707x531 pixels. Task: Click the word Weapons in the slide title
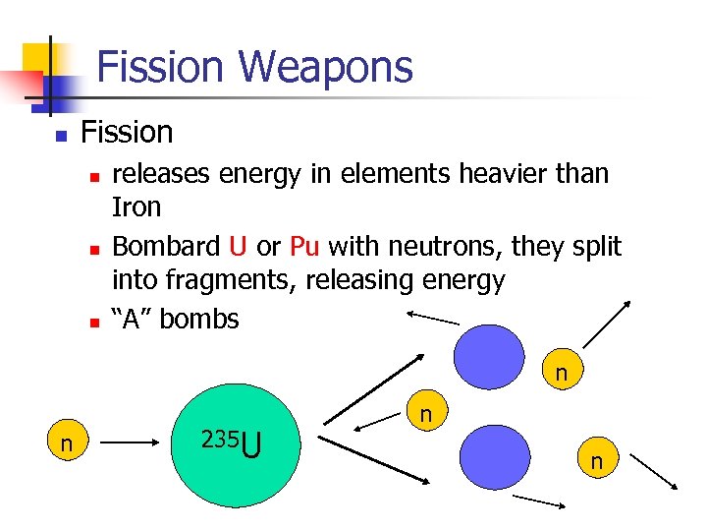click(325, 68)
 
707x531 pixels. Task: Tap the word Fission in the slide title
click(163, 68)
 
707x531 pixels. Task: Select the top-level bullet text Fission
click(127, 132)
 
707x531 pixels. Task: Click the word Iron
click(136, 208)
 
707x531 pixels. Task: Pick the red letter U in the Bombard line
click(238, 245)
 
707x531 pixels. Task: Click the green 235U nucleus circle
click(236, 442)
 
